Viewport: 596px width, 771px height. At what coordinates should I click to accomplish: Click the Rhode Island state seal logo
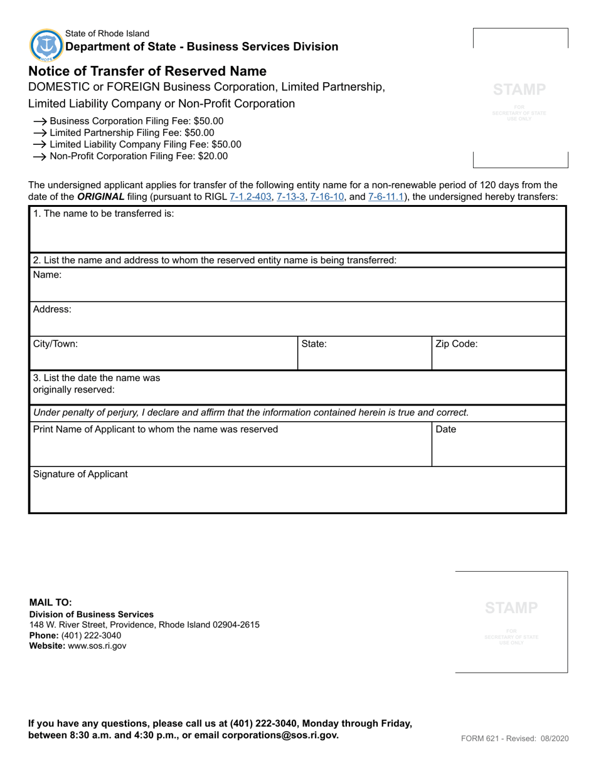(46, 45)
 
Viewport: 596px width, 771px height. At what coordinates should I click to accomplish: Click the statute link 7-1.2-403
(250, 197)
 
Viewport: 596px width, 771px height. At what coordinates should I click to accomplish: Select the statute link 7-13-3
(290, 197)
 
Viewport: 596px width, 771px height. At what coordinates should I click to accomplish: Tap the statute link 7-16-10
(327, 197)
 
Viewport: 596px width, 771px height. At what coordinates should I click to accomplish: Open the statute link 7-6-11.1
(386, 197)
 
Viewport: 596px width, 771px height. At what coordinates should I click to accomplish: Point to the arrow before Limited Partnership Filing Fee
(40, 133)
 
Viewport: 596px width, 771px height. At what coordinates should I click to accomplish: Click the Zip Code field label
(456, 344)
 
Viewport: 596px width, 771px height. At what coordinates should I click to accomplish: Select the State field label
(314, 344)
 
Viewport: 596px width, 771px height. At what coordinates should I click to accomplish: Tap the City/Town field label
(55, 344)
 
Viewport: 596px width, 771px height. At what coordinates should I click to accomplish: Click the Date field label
(445, 429)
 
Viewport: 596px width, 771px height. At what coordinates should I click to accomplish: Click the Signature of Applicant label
(80, 474)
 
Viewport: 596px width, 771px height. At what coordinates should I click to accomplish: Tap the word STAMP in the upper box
(519, 89)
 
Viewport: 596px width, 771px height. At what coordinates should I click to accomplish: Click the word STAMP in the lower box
(511, 607)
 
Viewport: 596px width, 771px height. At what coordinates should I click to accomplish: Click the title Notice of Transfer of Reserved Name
(147, 71)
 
